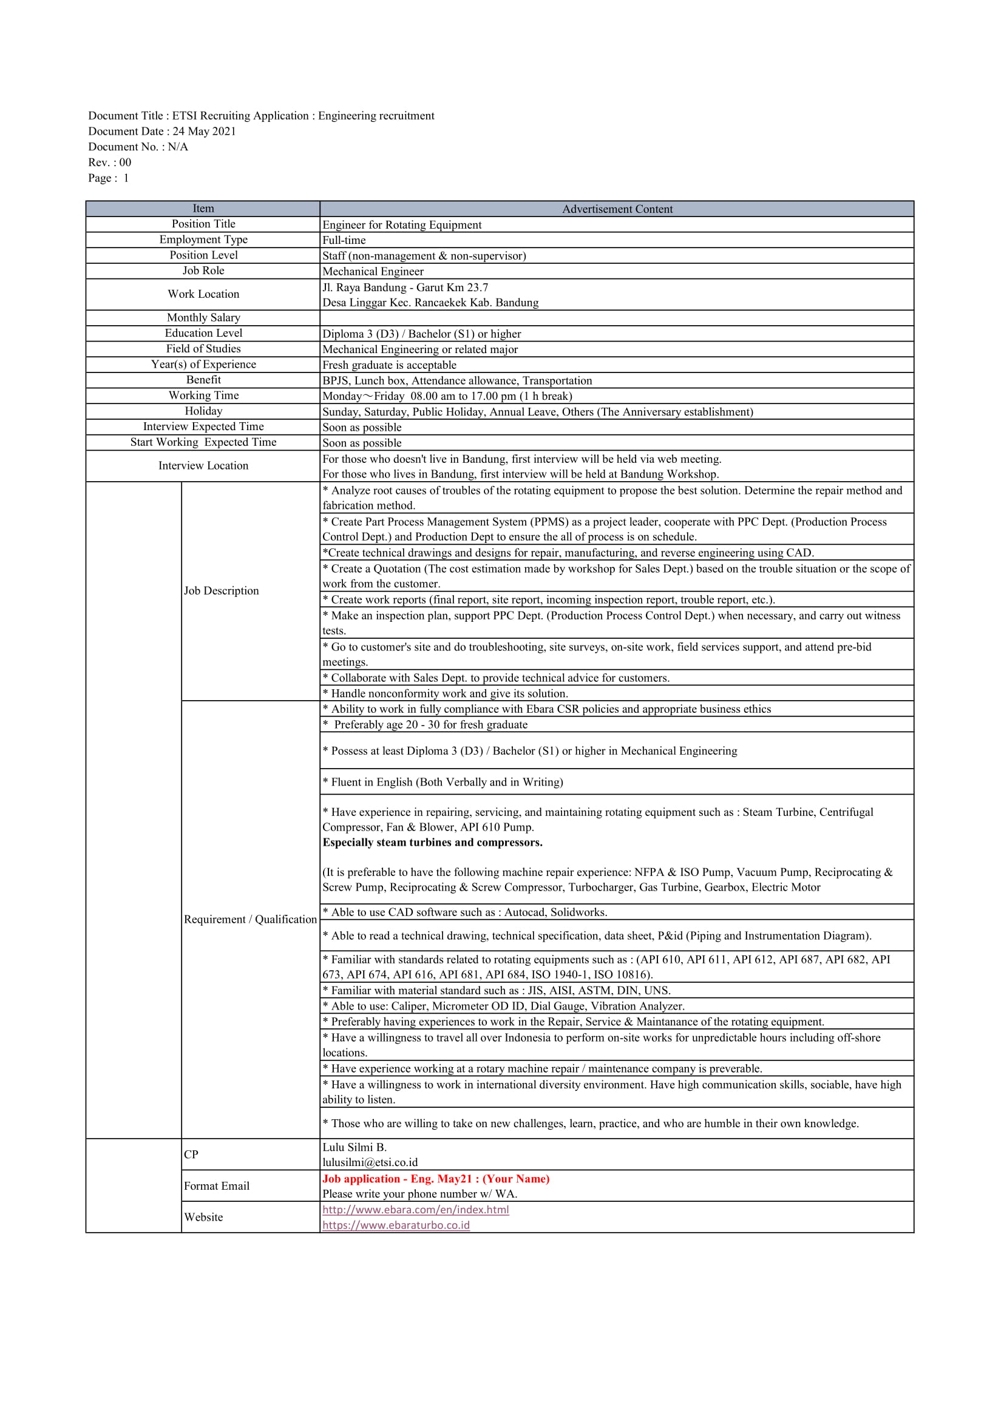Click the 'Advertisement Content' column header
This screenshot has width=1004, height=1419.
[x=616, y=209]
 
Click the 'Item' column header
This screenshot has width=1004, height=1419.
[x=203, y=208]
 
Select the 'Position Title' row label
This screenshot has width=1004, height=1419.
[x=203, y=224]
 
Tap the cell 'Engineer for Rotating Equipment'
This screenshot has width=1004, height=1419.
[x=402, y=225]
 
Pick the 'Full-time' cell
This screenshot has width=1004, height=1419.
[x=344, y=240]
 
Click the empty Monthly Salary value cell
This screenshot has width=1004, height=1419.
[x=616, y=318]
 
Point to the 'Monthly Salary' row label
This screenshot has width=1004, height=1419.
[x=203, y=318]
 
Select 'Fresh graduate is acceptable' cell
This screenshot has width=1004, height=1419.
[x=389, y=365]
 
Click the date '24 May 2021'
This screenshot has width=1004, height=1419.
[x=204, y=131]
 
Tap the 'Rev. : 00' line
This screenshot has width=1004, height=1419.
[x=109, y=163]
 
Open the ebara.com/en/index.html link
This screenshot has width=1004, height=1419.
[x=415, y=1210]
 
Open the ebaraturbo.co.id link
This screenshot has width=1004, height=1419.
[x=396, y=1225]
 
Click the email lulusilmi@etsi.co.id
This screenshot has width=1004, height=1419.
[x=370, y=1162]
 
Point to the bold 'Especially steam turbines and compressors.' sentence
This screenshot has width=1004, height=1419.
[x=432, y=843]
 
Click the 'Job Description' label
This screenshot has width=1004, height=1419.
[x=221, y=591]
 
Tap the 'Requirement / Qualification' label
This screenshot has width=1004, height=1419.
[x=249, y=920]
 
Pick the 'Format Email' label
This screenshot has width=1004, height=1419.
[x=216, y=1186]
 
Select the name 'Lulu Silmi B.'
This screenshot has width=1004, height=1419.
[x=354, y=1147]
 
